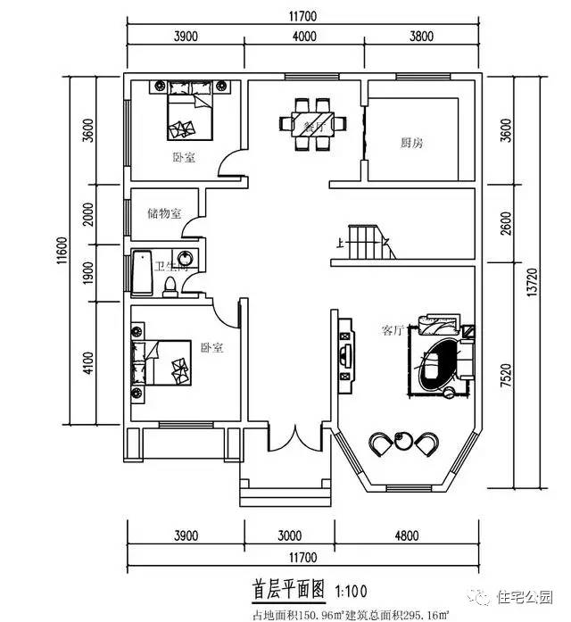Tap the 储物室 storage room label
point(164,213)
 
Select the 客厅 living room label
point(393,330)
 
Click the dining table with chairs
point(313,124)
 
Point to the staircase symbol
point(366,242)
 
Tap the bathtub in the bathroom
point(141,273)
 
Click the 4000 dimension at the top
point(304,37)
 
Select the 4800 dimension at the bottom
point(407,536)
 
